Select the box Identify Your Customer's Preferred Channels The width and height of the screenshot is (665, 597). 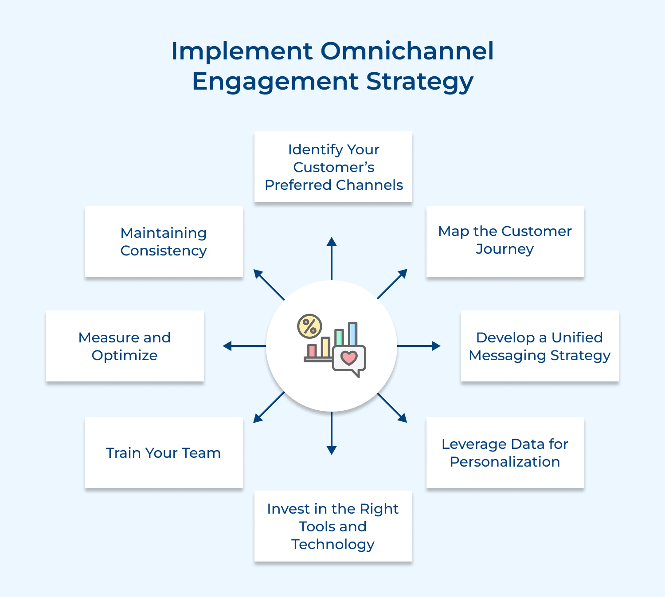click(333, 167)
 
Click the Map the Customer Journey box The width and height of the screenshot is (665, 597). click(505, 241)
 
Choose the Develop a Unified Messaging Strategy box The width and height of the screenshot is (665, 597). click(540, 346)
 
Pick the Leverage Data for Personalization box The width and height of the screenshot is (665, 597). click(505, 452)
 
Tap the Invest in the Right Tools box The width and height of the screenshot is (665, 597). click(333, 526)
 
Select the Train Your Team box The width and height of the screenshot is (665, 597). click(164, 452)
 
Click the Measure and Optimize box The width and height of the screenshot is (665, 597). click(125, 346)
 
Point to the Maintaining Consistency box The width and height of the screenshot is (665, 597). click(164, 242)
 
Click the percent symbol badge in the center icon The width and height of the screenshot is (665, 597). click(309, 326)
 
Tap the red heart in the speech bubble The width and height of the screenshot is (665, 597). click(349, 357)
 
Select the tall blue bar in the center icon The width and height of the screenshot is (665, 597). click(352, 334)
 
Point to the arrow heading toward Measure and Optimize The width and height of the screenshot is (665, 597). click(244, 346)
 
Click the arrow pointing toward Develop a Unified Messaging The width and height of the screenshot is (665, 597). click(419, 346)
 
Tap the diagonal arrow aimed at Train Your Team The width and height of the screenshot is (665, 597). click(269, 407)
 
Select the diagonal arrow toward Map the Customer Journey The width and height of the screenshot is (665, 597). click(392, 284)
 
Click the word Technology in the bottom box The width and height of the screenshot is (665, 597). click(333, 544)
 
